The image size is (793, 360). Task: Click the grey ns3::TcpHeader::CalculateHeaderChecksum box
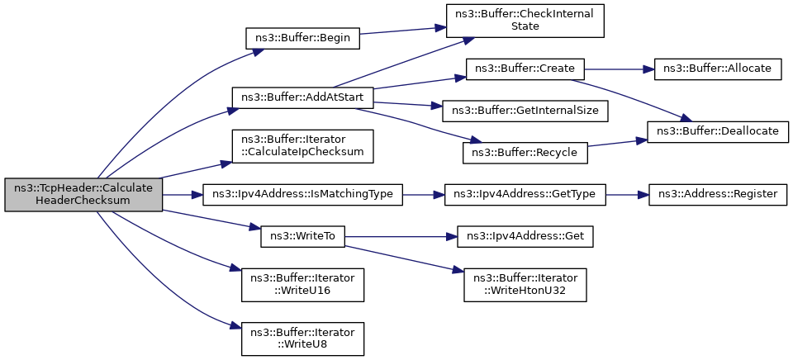83,195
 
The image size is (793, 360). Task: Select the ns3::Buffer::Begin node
302,39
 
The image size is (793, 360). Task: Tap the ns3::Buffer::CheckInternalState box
525,21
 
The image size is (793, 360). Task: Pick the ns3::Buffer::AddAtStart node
302,97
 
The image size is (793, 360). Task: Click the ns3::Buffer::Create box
525,69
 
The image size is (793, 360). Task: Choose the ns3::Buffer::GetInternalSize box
525,111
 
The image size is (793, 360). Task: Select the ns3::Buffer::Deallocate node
717,132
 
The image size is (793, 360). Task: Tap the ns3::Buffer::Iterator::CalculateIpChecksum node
302,146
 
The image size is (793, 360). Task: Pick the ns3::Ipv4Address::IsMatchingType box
302,195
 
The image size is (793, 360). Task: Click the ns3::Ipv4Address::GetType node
525,195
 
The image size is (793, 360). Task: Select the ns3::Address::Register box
717,195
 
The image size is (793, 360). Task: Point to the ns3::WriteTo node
302,237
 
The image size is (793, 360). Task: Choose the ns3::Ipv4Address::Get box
525,237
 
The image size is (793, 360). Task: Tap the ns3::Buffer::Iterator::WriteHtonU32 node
525,286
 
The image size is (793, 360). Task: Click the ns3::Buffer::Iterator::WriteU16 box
302,286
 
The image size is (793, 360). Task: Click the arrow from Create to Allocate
620,69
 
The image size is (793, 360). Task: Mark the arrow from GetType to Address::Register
627,195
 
